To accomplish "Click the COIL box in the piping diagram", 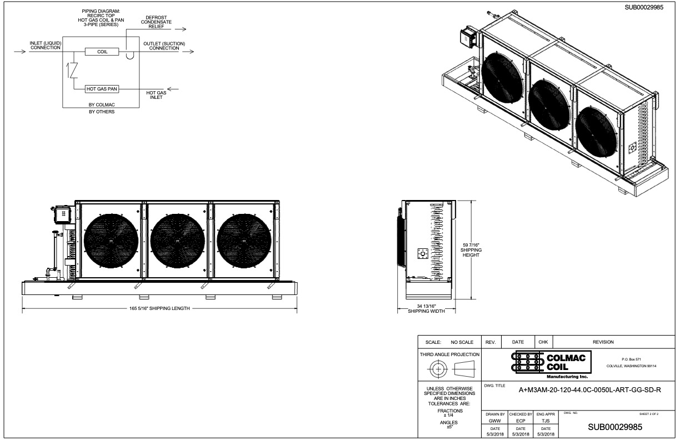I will tap(102, 52).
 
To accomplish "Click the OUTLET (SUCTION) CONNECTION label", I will tap(164, 46).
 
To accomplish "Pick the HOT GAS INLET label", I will tap(156, 95).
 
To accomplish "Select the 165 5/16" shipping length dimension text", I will tap(159, 308).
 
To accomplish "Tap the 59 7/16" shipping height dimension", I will tap(471, 250).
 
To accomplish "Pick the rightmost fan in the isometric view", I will tap(596, 130).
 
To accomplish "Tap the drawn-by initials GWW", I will tap(495, 421).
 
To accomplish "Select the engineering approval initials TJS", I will tap(546, 421).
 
